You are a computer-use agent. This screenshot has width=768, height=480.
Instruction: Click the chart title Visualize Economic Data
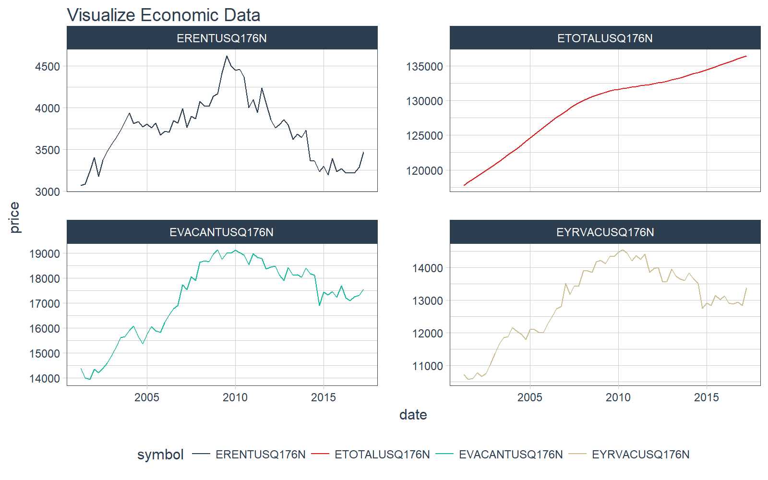click(163, 15)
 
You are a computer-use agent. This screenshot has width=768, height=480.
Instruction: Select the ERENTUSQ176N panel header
click(222, 38)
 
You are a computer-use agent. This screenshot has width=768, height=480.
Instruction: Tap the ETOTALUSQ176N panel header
click(605, 38)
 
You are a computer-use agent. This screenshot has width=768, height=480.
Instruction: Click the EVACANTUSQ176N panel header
click(222, 232)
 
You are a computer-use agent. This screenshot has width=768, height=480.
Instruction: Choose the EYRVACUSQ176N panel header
click(605, 232)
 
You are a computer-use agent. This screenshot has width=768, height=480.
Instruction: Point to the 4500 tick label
click(48, 66)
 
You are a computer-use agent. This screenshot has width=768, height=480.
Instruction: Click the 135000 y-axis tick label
click(424, 66)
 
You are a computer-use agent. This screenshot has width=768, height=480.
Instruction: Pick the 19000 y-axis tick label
click(45, 253)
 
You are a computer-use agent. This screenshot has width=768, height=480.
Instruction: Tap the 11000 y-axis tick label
click(427, 366)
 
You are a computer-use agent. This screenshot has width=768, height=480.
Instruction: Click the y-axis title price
click(14, 217)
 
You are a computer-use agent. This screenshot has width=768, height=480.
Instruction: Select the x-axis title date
click(413, 415)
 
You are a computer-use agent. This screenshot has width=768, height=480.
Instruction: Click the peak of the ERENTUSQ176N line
click(227, 56)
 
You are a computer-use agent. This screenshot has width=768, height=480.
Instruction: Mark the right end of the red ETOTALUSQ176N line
click(746, 56)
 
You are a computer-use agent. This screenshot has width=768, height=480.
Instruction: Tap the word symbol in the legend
click(160, 455)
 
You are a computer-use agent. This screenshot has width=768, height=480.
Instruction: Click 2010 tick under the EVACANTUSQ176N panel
click(235, 397)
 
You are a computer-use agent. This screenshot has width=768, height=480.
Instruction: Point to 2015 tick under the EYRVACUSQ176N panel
click(707, 397)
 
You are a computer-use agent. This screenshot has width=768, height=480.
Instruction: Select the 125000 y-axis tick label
click(424, 136)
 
